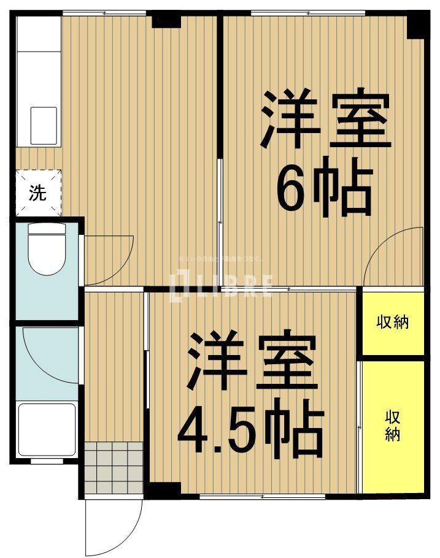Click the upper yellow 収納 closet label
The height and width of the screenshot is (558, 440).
coord(393,321)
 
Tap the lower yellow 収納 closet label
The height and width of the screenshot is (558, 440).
coord(393,426)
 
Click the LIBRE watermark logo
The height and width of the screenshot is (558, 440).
coord(225,286)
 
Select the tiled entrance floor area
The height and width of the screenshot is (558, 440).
coord(114,467)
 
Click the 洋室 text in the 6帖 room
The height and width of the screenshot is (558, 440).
coord(326,120)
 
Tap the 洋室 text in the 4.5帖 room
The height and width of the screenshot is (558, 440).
coord(252,362)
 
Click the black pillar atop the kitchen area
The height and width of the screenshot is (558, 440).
coord(166,19)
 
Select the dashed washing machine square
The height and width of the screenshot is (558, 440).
coord(38,192)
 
